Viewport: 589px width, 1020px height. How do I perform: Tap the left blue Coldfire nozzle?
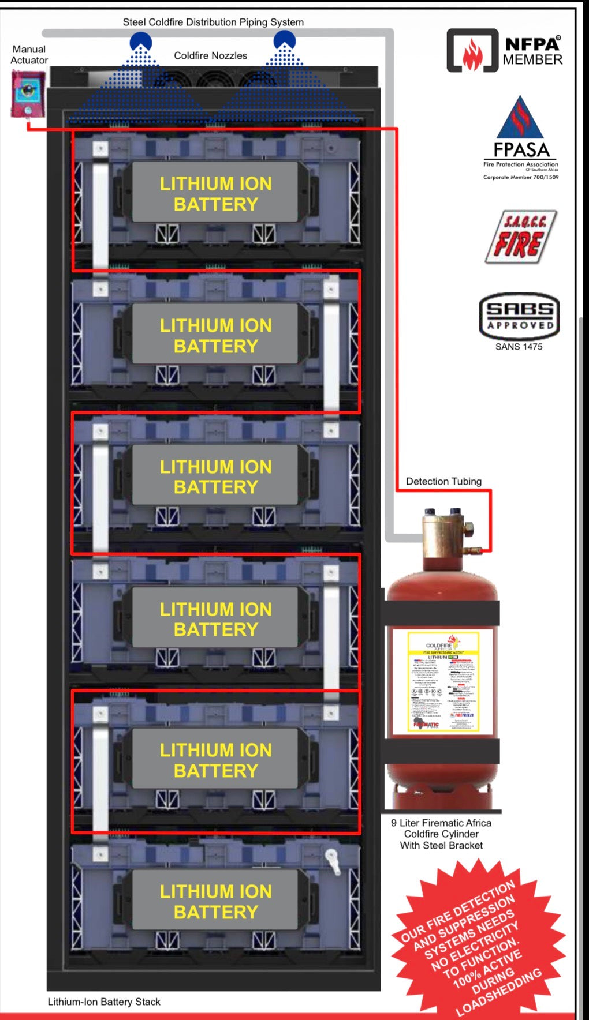tap(140, 42)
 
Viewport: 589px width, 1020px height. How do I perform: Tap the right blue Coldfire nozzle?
tap(284, 40)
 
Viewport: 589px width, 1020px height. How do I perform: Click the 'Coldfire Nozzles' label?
tap(210, 56)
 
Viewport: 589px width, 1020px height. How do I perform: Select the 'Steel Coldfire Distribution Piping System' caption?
tap(213, 22)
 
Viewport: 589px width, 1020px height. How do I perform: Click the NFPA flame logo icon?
tap(472, 51)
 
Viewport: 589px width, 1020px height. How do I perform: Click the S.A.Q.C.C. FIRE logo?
tap(520, 237)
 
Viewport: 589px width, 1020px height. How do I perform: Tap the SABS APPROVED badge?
tap(519, 316)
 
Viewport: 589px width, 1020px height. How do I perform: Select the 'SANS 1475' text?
tap(519, 347)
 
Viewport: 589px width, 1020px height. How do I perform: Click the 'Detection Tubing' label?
tap(443, 481)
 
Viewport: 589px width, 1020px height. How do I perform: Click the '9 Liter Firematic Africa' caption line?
tap(441, 823)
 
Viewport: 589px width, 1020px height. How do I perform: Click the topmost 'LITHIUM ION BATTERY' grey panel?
tap(215, 193)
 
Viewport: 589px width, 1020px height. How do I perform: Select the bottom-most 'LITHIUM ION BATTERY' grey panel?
tap(215, 901)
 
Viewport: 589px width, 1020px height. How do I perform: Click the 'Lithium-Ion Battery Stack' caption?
tap(104, 1002)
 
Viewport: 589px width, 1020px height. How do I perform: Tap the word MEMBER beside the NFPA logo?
tap(532, 60)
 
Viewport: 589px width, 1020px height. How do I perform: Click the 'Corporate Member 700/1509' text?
tap(521, 177)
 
